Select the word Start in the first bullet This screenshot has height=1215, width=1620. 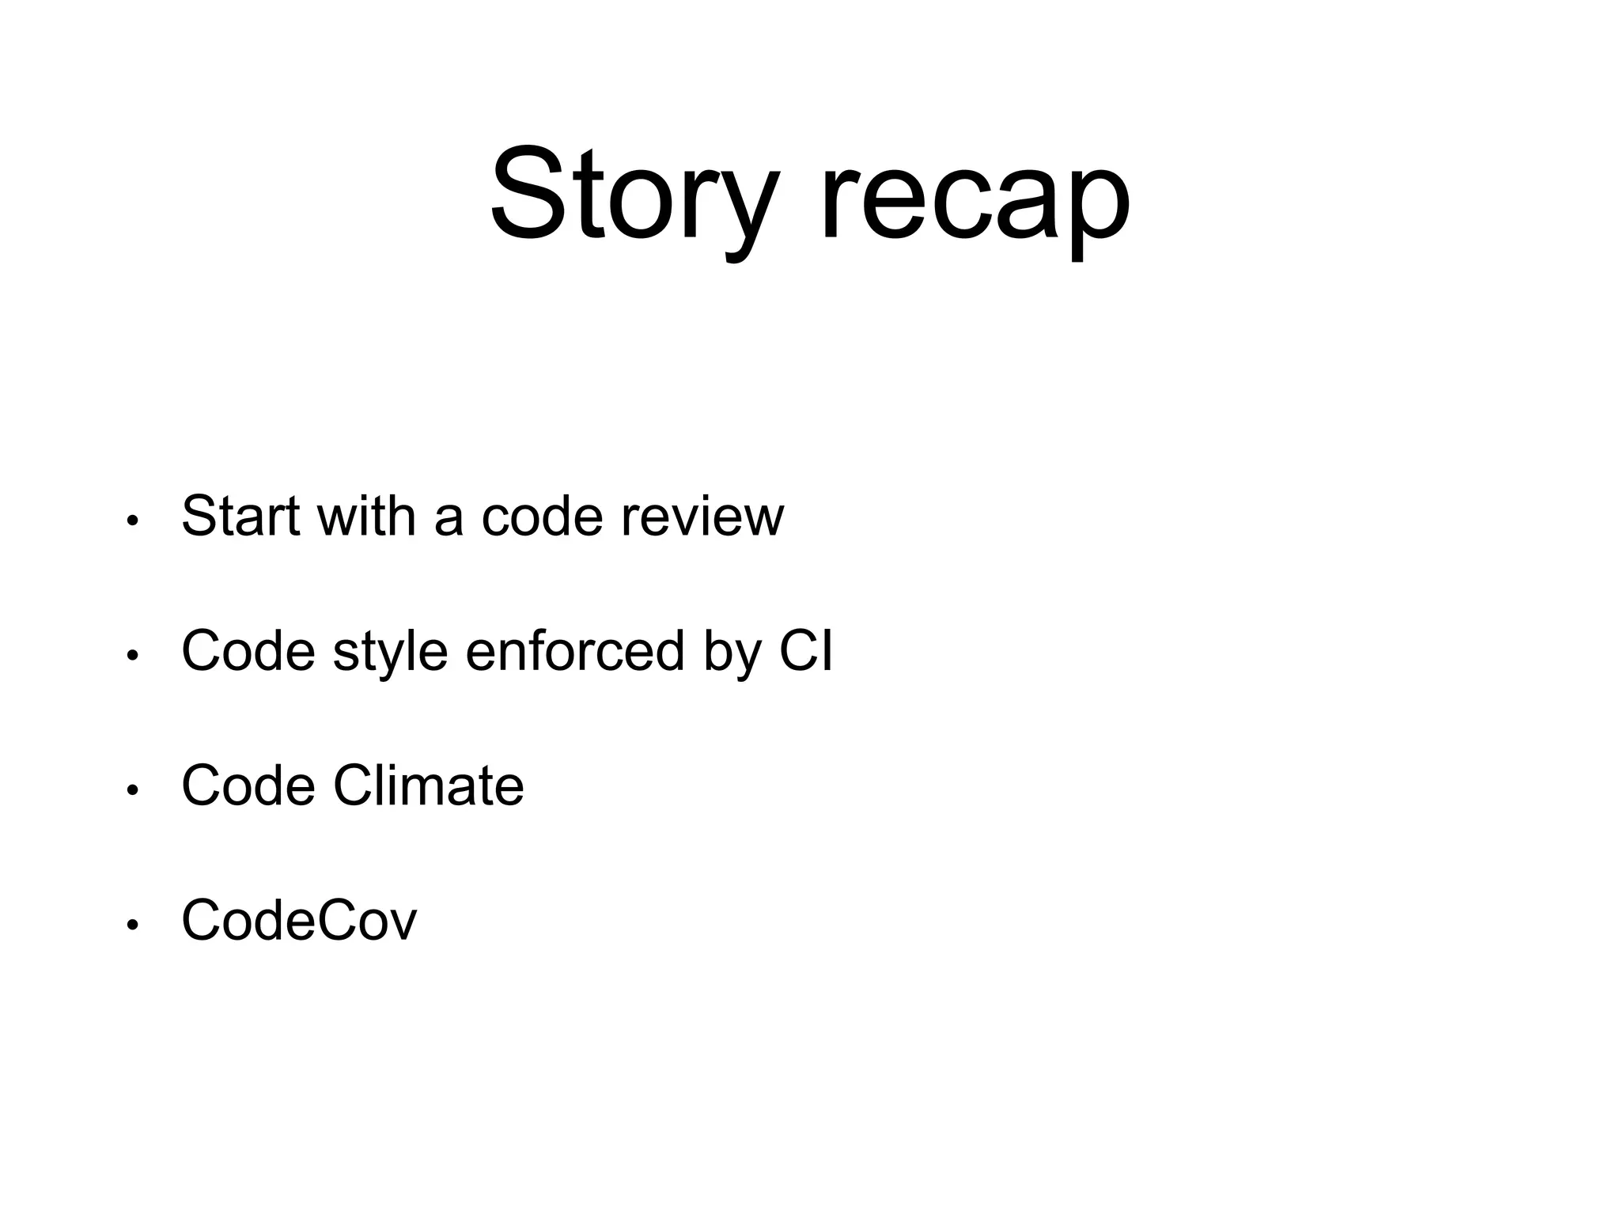tap(240, 516)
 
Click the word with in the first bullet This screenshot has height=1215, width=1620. tap(366, 516)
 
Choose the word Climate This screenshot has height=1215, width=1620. tap(428, 785)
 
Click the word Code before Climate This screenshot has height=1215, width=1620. tap(248, 785)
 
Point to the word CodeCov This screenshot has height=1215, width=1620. tap(298, 920)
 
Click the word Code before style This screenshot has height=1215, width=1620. tap(248, 650)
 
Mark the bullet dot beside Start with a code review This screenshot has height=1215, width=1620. tap(132, 520)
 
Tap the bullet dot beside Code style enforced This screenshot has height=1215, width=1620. tap(132, 656)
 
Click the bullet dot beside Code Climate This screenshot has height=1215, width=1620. tap(132, 790)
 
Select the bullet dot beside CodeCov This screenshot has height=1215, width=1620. tap(132, 925)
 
